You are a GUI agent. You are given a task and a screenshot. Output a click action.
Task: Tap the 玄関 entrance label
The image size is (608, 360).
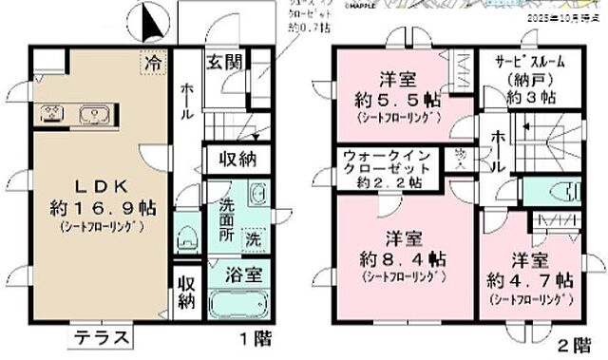coord(227,64)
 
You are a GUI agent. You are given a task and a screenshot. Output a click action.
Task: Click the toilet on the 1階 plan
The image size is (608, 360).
coord(186,230)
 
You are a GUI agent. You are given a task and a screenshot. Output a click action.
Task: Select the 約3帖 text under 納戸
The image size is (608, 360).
coord(531,97)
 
